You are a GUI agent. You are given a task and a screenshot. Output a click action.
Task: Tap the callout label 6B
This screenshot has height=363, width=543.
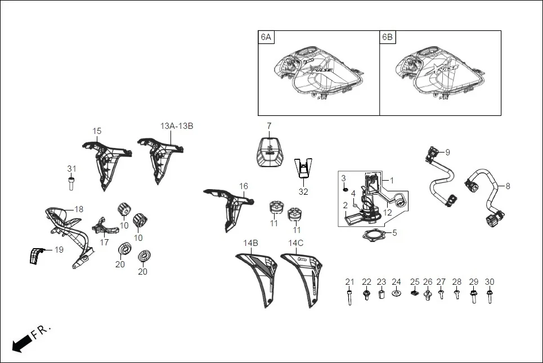pos(388,38)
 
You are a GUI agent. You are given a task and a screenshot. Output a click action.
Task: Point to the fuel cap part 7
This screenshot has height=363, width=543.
pos(269,151)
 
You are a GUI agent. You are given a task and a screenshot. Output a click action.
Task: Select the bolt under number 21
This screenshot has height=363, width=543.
pos(349,296)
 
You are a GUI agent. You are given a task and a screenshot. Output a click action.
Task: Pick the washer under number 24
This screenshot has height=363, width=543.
pos(396,294)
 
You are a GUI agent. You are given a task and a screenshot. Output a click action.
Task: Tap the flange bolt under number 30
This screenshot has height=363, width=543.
pos(490,296)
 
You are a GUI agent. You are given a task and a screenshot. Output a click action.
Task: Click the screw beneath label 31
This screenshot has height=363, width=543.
pos(71,183)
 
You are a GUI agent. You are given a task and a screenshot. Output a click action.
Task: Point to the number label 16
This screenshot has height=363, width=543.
pos(243,186)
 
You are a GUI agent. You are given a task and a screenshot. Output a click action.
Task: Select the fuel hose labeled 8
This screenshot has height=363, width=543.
pos(484,197)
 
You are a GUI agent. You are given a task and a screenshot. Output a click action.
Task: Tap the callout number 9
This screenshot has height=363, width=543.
pos(447,152)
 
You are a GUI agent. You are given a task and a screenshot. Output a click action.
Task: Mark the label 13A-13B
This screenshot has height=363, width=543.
pos(177,126)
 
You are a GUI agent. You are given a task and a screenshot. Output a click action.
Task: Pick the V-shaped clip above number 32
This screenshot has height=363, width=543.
pos(303,168)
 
